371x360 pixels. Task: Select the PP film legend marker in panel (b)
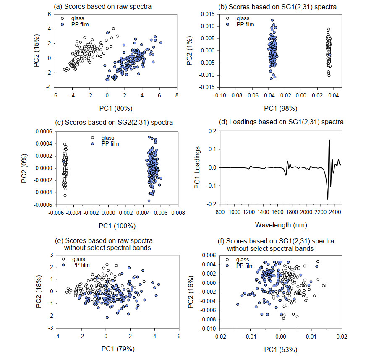(x=228, y=24)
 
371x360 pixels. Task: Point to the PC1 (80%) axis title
(x=115, y=108)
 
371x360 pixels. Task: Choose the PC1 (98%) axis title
(x=280, y=108)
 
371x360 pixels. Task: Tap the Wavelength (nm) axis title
(x=281, y=224)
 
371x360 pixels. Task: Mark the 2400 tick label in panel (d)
(x=334, y=212)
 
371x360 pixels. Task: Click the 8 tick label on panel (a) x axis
(x=177, y=95)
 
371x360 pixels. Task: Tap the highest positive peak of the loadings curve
(x=329, y=140)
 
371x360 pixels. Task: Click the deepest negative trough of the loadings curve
(x=328, y=198)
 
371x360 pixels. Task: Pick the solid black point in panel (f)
(x=298, y=294)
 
